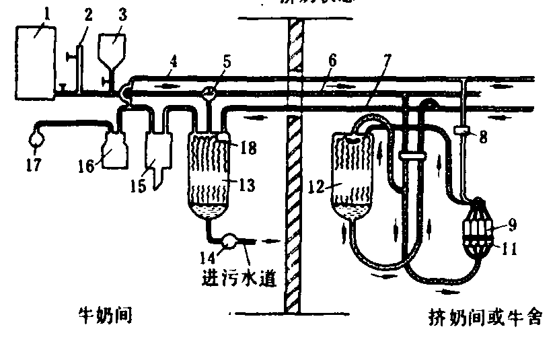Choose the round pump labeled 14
tap(229, 240)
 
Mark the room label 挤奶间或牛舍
tap(485, 317)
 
